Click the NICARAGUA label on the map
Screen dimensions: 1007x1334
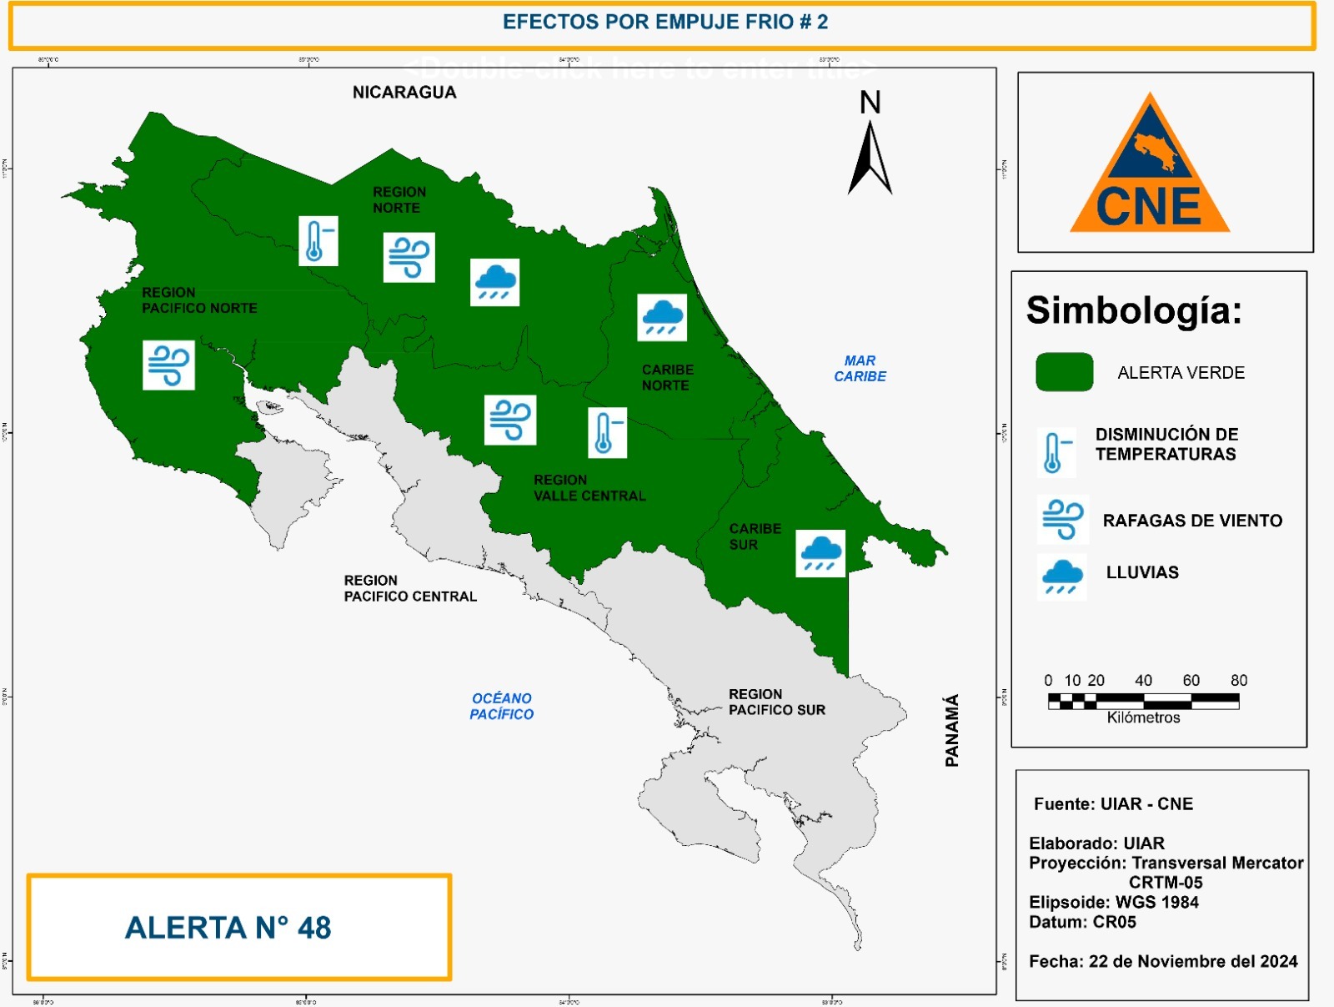[404, 93]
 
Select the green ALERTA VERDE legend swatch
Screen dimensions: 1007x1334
[1064, 372]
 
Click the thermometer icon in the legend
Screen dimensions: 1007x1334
[1055, 452]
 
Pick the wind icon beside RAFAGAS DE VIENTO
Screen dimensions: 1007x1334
[1062, 519]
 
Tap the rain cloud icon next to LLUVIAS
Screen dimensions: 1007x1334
[1061, 577]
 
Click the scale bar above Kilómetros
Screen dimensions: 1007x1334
[1143, 701]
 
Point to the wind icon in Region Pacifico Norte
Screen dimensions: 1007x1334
[168, 365]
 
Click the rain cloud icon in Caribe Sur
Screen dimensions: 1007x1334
[820, 553]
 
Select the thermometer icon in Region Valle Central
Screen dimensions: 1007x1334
[607, 432]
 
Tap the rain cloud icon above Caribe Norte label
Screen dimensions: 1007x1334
[662, 317]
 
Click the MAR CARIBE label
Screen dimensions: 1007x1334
[860, 368]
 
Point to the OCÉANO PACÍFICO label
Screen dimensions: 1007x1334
[501, 706]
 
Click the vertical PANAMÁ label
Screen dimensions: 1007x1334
[951, 730]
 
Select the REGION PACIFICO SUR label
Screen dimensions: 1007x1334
[776, 702]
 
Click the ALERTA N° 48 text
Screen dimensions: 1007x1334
[228, 927]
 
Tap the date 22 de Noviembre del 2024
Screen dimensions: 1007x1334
[1192, 961]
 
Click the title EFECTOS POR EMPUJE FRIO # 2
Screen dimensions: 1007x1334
[664, 23]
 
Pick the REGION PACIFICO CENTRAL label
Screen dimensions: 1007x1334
[409, 588]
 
